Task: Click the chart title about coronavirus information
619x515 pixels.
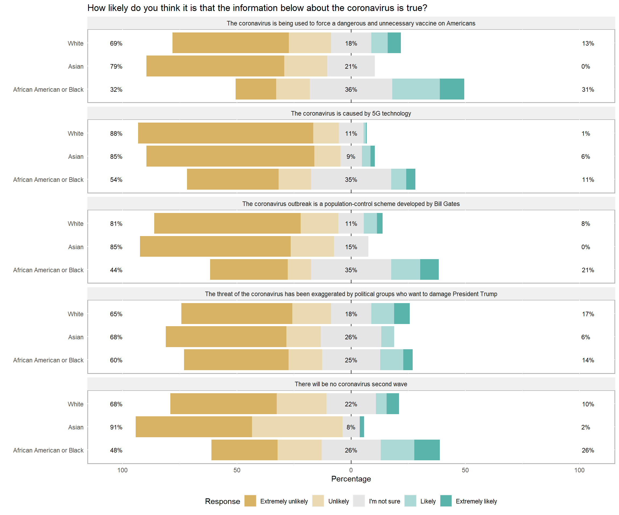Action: (257, 8)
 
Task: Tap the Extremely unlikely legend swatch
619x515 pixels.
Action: (250, 501)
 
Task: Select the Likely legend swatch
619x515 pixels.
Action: (410, 501)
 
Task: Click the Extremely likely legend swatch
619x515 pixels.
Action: (446, 501)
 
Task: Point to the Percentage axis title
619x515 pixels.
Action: (351, 479)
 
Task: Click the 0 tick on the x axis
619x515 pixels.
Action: (351, 470)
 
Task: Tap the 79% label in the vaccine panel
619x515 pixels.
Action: (116, 67)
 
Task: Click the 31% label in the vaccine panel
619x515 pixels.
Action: (588, 90)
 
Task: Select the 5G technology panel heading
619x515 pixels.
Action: (351, 113)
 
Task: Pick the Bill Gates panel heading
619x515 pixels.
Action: (351, 204)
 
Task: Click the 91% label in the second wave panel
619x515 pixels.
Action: (116, 427)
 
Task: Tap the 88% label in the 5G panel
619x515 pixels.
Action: (116, 133)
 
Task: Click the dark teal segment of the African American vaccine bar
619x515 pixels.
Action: (452, 89)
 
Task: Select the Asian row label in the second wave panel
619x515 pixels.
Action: (76, 427)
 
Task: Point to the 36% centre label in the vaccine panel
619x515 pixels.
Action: (351, 90)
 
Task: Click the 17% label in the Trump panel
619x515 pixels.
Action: (588, 314)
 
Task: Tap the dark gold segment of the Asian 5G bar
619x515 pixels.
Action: (230, 156)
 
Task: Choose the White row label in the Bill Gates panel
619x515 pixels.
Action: (75, 224)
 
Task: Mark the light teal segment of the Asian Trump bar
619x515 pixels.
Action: (387, 337)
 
